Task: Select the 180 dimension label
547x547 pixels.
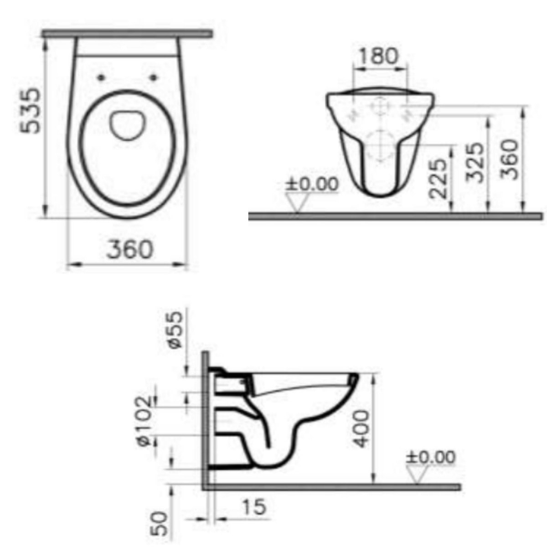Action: (378, 56)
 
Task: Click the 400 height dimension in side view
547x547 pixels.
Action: (361, 428)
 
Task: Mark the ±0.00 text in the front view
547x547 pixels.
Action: (312, 185)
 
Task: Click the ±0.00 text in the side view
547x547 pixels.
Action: (431, 457)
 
